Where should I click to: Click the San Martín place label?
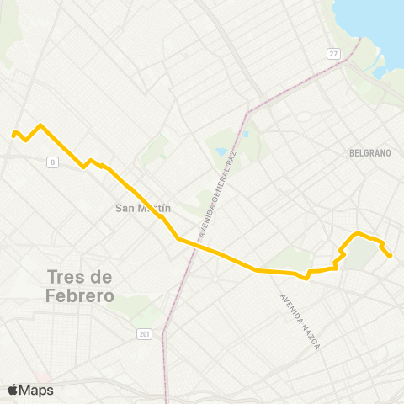(142, 208)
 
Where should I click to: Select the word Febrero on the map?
(81, 295)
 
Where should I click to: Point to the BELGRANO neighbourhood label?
(369, 153)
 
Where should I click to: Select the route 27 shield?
(333, 54)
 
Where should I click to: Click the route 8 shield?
(53, 161)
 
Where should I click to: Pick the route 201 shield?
(145, 334)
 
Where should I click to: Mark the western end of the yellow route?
(13, 134)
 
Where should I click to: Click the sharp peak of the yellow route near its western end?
(40, 125)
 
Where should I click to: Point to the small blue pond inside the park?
(221, 152)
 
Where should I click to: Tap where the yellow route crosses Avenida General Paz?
(197, 245)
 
